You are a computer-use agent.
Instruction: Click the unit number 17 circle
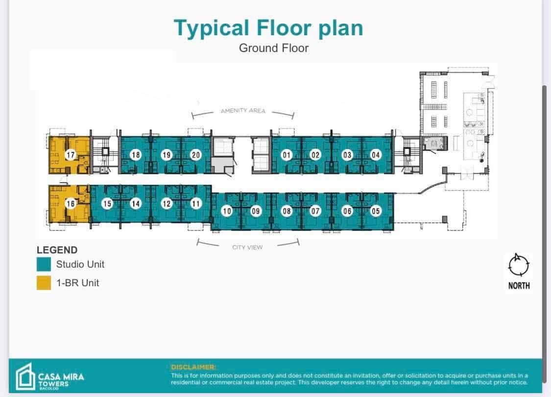pyautogui.click(x=71, y=155)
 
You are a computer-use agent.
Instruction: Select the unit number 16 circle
pyautogui.click(x=71, y=203)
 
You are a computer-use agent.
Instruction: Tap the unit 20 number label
pyautogui.click(x=195, y=155)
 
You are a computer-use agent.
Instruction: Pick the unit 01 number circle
pyautogui.click(x=287, y=155)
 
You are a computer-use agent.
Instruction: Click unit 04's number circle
pyautogui.click(x=376, y=155)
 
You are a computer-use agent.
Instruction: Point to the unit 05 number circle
pyautogui.click(x=376, y=211)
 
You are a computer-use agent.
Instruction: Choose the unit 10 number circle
pyautogui.click(x=226, y=211)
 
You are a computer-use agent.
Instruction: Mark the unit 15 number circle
pyautogui.click(x=107, y=203)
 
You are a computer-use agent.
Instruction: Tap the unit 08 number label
pyautogui.click(x=287, y=211)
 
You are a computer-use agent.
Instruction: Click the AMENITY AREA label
pyautogui.click(x=243, y=111)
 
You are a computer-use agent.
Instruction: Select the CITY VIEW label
pyautogui.click(x=247, y=248)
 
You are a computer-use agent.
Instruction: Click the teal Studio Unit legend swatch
pyautogui.click(x=44, y=265)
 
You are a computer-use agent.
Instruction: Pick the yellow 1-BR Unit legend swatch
pyautogui.click(x=44, y=283)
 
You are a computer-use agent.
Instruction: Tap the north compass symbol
pyautogui.click(x=519, y=265)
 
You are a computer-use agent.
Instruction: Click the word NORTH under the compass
pyautogui.click(x=519, y=286)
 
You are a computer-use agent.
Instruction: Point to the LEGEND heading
pyautogui.click(x=57, y=250)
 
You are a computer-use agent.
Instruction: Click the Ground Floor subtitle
pyautogui.click(x=274, y=48)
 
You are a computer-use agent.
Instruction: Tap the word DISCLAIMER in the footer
pyautogui.click(x=192, y=367)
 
